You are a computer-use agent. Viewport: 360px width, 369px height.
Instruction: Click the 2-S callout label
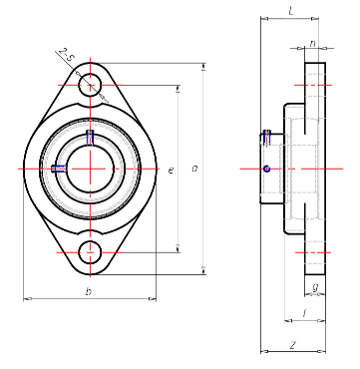click(66, 55)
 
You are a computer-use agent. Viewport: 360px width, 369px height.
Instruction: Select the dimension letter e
click(172, 172)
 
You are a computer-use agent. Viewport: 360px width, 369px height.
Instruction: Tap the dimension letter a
click(194, 170)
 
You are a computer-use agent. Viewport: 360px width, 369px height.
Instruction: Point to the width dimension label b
click(89, 291)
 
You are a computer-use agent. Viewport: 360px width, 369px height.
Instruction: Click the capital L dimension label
click(289, 11)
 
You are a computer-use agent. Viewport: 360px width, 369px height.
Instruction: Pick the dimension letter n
click(313, 43)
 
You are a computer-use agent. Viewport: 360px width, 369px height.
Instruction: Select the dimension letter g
click(315, 288)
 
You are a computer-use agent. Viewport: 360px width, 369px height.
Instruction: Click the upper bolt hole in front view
click(91, 85)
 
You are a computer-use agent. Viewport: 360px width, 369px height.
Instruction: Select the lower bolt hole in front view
click(91, 250)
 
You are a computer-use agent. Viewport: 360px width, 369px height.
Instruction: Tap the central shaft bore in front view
click(91, 168)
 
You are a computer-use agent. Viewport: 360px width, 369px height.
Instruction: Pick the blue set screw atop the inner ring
click(91, 136)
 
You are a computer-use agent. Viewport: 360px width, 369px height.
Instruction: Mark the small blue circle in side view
click(266, 169)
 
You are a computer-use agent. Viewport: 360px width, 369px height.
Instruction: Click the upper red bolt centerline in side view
click(313, 85)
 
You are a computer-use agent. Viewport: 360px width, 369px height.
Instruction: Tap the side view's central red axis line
click(299, 169)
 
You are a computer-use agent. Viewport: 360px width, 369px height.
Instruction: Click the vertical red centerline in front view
click(91, 199)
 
